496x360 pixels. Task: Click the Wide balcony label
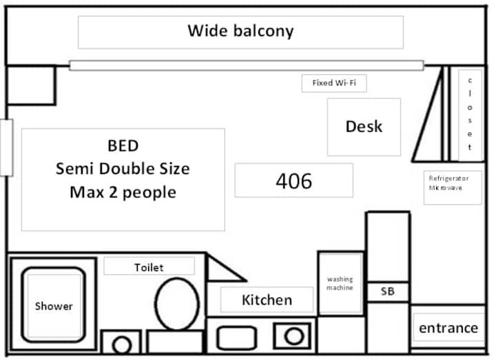point(240,31)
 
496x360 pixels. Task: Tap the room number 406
point(294,181)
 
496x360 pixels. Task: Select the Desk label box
point(364,127)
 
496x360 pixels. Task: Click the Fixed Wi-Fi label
point(334,83)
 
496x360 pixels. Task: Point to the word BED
point(123,146)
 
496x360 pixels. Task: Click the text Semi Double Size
point(123,169)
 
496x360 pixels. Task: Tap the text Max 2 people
point(123,193)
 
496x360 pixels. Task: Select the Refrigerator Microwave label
point(448,183)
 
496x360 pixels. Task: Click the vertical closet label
point(470,114)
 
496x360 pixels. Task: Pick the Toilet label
point(149,268)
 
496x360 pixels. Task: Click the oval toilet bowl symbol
point(177,304)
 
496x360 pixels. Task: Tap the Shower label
point(54,306)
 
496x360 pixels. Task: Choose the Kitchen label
point(267,300)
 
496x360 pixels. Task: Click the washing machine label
point(340,283)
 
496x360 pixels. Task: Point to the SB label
point(387,291)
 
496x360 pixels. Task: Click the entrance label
point(448,328)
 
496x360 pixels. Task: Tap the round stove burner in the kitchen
point(294,336)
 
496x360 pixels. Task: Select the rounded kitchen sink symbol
point(236,337)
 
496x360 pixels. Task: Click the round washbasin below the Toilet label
point(122,345)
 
